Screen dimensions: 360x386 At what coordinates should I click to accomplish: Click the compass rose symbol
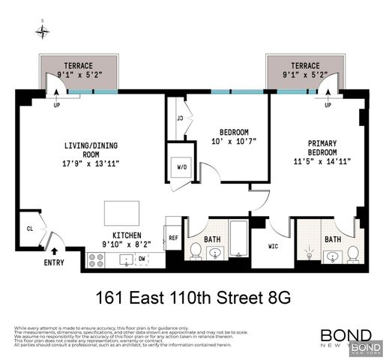point(43,31)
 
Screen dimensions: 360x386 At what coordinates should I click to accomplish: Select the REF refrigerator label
point(172,238)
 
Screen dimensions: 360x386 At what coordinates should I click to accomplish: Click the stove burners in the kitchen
point(97,260)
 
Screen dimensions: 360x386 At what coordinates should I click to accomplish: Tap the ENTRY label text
point(54,262)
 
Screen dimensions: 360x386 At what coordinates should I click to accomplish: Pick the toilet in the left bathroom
point(196,250)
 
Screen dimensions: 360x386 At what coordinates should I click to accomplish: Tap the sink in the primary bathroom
point(332,257)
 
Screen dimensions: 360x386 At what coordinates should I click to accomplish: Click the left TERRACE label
point(78,65)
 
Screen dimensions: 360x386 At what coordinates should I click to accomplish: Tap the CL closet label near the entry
point(29,229)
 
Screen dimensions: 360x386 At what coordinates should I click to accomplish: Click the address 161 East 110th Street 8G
point(192,298)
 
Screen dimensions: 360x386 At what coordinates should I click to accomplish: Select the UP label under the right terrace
point(328,105)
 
